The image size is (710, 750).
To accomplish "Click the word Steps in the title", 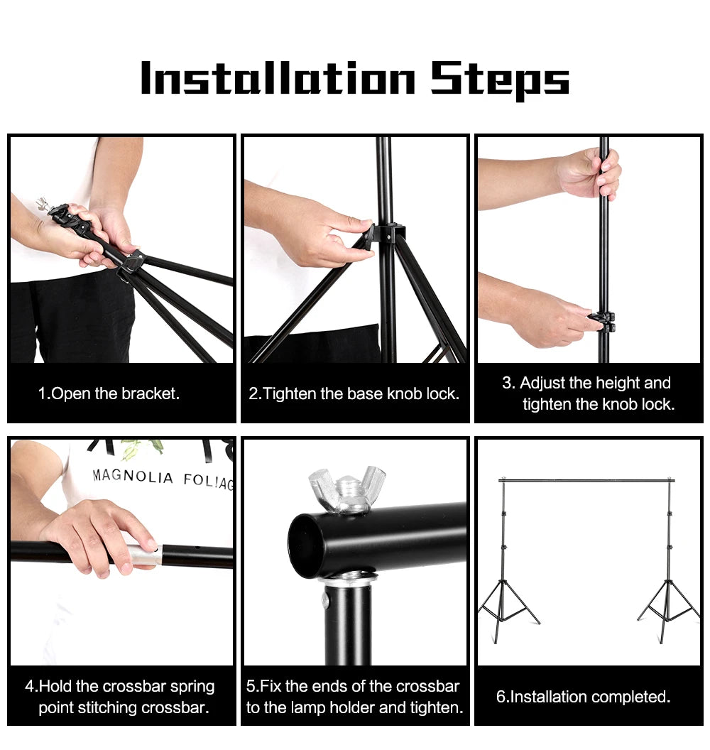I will click(x=500, y=80).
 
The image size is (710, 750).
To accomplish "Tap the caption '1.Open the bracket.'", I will click(x=108, y=393).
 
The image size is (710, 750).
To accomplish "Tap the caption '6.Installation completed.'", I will click(x=583, y=697).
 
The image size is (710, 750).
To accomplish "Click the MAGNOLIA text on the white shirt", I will click(x=133, y=477).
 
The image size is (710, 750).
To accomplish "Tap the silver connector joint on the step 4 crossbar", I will click(x=143, y=555).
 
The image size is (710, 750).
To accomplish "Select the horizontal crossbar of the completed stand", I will click(x=586, y=481).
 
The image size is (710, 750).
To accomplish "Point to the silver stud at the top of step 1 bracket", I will click(x=42, y=204).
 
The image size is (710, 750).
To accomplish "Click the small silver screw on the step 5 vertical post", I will click(x=326, y=602).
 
